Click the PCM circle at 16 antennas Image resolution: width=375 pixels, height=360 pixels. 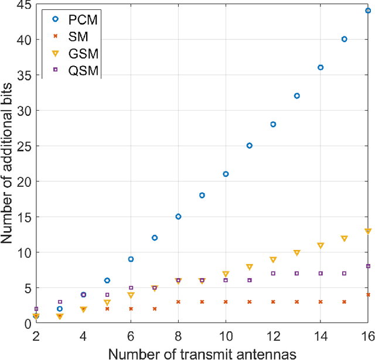pos(368,11)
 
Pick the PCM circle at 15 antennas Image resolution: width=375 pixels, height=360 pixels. pos(344,39)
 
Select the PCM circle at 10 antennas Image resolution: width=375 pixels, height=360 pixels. pos(226,174)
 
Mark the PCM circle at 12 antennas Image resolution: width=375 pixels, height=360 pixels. pos(273,124)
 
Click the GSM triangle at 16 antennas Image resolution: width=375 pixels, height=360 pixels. pos(368,231)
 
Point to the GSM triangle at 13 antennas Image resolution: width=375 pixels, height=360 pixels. pos(296,253)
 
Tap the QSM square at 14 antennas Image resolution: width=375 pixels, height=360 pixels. pos(321,273)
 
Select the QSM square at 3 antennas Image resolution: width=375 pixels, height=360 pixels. pos(60,302)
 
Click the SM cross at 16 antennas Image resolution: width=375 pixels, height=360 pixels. pos(368,295)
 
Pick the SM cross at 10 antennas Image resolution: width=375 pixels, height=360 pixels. pos(226,302)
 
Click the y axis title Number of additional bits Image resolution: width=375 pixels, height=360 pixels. pos(8,164)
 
